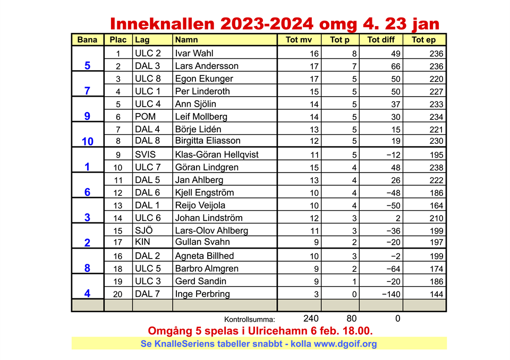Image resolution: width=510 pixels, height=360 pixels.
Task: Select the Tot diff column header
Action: [380, 40]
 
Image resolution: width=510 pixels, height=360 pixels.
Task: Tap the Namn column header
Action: [186, 40]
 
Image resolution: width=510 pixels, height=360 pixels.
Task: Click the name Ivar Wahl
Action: [194, 53]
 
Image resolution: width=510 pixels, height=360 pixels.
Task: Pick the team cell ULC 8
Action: [147, 79]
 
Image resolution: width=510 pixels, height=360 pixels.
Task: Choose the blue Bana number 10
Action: [88, 141]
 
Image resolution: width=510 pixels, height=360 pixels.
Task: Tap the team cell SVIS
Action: [146, 155]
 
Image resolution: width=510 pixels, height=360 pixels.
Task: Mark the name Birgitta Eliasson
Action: [208, 141]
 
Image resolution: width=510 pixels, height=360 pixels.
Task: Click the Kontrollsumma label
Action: [250, 320]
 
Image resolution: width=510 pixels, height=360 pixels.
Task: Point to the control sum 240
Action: [311, 319]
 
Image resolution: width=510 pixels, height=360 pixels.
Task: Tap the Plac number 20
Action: [118, 295]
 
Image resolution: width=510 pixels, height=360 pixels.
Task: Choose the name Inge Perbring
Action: [202, 294]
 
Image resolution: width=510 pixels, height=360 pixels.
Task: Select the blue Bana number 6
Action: [88, 192]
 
